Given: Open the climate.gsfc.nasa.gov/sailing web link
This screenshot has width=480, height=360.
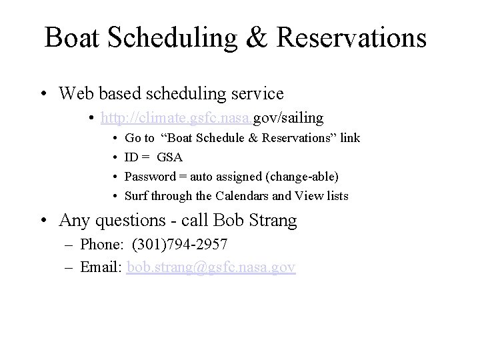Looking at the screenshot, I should point(212,118).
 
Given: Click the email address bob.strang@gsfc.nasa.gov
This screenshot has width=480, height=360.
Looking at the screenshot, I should point(211,267).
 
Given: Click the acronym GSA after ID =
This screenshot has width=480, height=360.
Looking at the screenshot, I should point(170,157).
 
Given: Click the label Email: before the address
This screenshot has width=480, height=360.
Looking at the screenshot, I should point(102,267).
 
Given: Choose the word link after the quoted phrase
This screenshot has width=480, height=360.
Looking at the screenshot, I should point(349,138).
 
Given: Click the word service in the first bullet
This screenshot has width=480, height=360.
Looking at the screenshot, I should point(255,93).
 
